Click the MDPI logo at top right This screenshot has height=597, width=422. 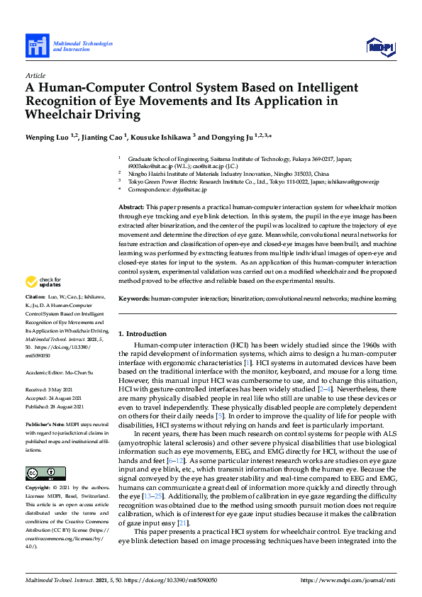(x=380, y=47)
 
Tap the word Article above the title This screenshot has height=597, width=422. (x=35, y=74)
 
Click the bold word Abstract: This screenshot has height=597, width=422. (x=131, y=205)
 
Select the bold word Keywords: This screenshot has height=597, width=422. (x=133, y=298)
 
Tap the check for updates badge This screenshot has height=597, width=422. (x=44, y=301)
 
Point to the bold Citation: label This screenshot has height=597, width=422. (x=36, y=315)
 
